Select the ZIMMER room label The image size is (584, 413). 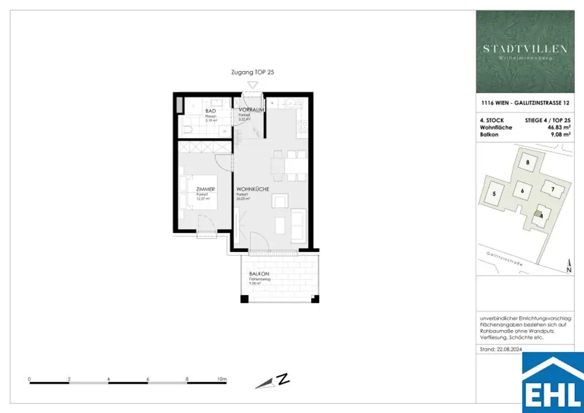pyautogui.click(x=205, y=189)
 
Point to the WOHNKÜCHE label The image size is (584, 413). pyautogui.click(x=253, y=189)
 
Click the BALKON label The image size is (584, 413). pyautogui.click(x=258, y=274)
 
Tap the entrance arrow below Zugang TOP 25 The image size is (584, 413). pyautogui.click(x=253, y=84)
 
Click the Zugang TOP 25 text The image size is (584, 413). pyautogui.click(x=253, y=72)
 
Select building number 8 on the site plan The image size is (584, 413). pyautogui.click(x=528, y=163)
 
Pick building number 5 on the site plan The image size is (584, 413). pyautogui.click(x=494, y=193)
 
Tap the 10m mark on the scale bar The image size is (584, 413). pyautogui.click(x=221, y=379)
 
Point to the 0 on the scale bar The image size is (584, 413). pyautogui.click(x=29, y=379)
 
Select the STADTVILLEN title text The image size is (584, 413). pyautogui.click(x=525, y=49)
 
